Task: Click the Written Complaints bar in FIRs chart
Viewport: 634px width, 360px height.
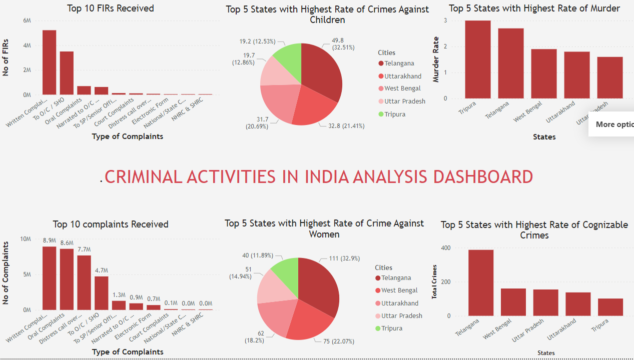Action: click(x=49, y=62)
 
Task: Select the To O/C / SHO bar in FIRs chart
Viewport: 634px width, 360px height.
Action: click(x=67, y=73)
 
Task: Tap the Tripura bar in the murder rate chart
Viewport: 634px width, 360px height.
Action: click(x=477, y=59)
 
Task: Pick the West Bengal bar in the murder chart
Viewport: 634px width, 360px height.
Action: click(x=543, y=73)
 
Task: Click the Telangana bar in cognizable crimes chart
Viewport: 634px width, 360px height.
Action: click(x=481, y=282)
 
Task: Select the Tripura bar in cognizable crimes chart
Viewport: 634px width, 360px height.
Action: click(x=610, y=307)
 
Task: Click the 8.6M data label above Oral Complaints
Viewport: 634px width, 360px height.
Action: click(x=67, y=243)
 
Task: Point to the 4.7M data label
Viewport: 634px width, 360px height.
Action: click(x=102, y=270)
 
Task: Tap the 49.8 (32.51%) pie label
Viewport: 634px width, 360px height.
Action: click(x=344, y=43)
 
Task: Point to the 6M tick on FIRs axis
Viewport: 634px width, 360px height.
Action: click(x=27, y=20)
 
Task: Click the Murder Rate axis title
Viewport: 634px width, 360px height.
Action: click(x=436, y=59)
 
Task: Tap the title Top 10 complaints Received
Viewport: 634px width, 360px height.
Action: click(x=111, y=224)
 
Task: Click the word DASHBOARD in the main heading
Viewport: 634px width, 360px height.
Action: click(x=483, y=176)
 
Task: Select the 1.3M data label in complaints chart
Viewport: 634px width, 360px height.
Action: click(x=119, y=294)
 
